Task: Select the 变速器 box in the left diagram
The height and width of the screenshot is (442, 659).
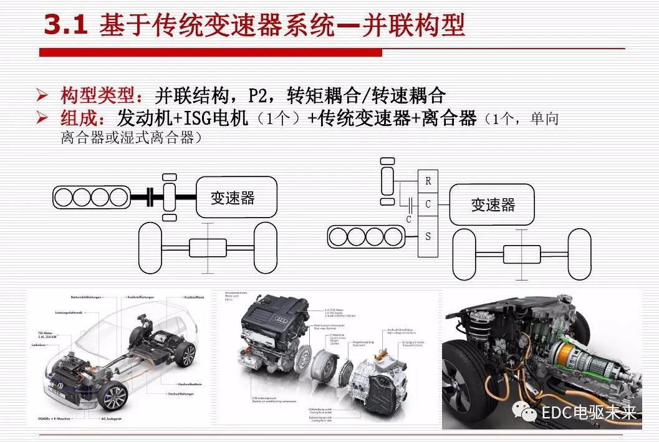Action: (233, 198)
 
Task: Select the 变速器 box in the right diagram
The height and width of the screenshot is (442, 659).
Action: (493, 204)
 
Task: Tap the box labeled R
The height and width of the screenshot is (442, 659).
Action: (428, 181)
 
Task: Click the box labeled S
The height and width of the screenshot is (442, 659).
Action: (428, 236)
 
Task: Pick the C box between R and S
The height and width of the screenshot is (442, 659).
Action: (428, 204)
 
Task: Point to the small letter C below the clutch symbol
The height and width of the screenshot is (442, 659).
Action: (408, 219)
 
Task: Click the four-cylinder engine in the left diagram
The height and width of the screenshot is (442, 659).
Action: (92, 198)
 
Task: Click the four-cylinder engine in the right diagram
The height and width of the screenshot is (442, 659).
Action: (367, 236)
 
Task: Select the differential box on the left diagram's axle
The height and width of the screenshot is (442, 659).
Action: (208, 247)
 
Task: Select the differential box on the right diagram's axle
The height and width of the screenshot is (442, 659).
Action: (522, 254)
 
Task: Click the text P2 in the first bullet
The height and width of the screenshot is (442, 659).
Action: (260, 95)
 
